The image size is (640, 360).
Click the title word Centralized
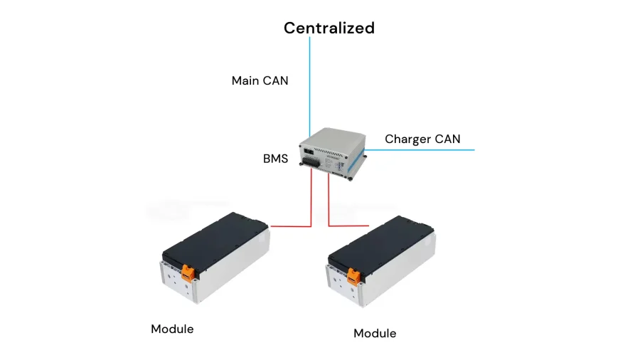tap(329, 28)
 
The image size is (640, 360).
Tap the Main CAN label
tap(260, 81)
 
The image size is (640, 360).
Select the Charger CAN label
tap(422, 139)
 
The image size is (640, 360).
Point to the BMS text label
tap(275, 159)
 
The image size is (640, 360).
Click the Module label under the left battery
tap(172, 329)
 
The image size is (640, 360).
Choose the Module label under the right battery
tap(375, 334)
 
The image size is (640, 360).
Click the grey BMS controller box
tap(333, 154)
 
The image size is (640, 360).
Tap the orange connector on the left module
tap(188, 272)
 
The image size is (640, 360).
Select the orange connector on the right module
tap(353, 276)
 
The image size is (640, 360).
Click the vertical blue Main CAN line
tap(309, 87)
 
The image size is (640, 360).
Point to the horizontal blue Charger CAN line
tap(420, 150)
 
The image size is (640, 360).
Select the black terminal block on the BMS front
tap(311, 162)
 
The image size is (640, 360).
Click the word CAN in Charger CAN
tap(447, 139)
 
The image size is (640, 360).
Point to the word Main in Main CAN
tap(245, 81)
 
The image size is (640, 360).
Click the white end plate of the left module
tap(178, 283)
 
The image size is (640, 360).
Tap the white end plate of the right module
tap(343, 286)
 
